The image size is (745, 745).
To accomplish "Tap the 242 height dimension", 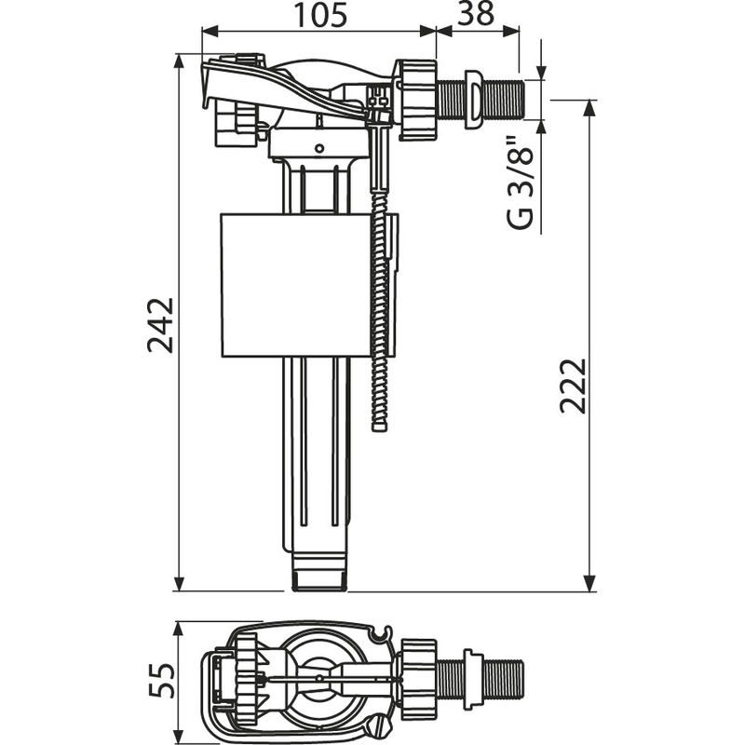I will (x=161, y=324).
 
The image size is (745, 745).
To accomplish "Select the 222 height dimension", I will (x=574, y=385).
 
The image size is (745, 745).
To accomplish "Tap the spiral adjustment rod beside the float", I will (x=379, y=317).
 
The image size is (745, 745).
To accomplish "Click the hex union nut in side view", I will (x=418, y=100).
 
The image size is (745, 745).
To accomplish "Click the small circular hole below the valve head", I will (x=318, y=147).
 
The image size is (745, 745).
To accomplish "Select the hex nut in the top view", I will (x=418, y=681).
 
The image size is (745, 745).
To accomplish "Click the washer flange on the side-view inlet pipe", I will (x=473, y=98).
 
